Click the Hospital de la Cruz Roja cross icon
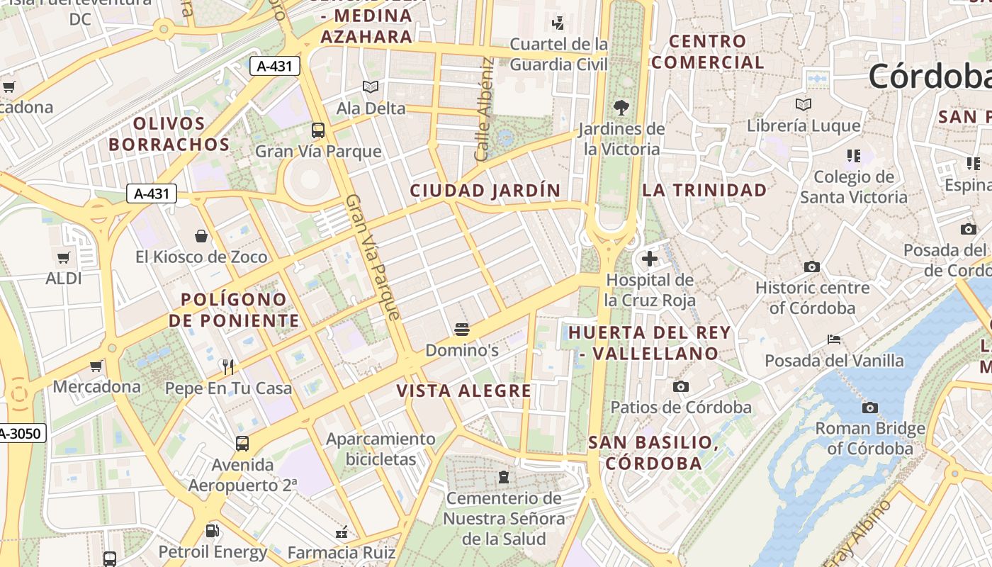[x=649, y=259]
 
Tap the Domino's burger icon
[x=462, y=329]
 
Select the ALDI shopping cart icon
[x=64, y=257]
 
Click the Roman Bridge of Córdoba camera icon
[x=869, y=408]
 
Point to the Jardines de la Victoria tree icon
[x=621, y=108]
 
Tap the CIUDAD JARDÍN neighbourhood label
[x=485, y=191]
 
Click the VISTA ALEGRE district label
[x=464, y=391]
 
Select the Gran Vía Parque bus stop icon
[x=318, y=130]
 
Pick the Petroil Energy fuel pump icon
[x=212, y=530]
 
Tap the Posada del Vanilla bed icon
[x=834, y=339]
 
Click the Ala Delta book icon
[x=371, y=87]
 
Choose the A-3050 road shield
[x=21, y=433]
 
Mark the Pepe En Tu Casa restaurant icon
[x=228, y=366]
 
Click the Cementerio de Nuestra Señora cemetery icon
[x=504, y=476]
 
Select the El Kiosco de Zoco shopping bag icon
[x=201, y=235]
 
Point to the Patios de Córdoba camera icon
[x=680, y=386]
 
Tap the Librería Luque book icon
[x=803, y=105]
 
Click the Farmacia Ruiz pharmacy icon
[x=342, y=531]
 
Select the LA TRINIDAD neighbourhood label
[x=704, y=190]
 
